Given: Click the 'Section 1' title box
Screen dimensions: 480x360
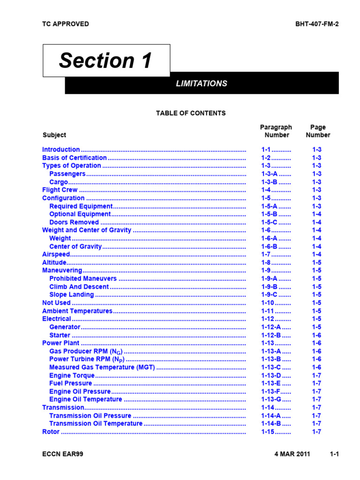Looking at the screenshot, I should [x=106, y=60].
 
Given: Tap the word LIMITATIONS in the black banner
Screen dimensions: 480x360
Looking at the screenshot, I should [x=201, y=83].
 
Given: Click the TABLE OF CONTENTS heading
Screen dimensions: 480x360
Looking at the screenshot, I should [x=191, y=113].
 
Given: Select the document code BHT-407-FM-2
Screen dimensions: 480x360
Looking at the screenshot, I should [x=317, y=24].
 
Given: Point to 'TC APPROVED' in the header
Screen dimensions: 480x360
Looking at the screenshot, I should [x=65, y=24].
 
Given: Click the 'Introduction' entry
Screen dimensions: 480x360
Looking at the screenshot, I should [x=61, y=150].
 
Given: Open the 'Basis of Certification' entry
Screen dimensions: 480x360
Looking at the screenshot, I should [x=75, y=158].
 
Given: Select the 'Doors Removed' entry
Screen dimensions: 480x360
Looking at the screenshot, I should [x=74, y=222].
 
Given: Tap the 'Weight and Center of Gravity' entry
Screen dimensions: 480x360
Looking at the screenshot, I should [x=87, y=230].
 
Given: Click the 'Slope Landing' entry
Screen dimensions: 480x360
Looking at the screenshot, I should [x=71, y=295].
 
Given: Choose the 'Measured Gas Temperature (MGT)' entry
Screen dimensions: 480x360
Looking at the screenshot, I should [x=102, y=367].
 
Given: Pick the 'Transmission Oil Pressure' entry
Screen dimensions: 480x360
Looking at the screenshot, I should [x=90, y=416].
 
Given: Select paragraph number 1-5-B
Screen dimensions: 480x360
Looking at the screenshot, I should [x=270, y=214].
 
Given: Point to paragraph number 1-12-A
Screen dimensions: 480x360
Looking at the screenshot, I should [x=271, y=327].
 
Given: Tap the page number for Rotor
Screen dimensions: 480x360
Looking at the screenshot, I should [x=317, y=432].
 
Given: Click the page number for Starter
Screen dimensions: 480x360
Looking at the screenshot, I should [x=317, y=335].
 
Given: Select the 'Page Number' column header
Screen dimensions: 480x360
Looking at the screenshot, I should [x=318, y=131].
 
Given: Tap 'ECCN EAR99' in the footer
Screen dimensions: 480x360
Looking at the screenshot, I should [x=63, y=455].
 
